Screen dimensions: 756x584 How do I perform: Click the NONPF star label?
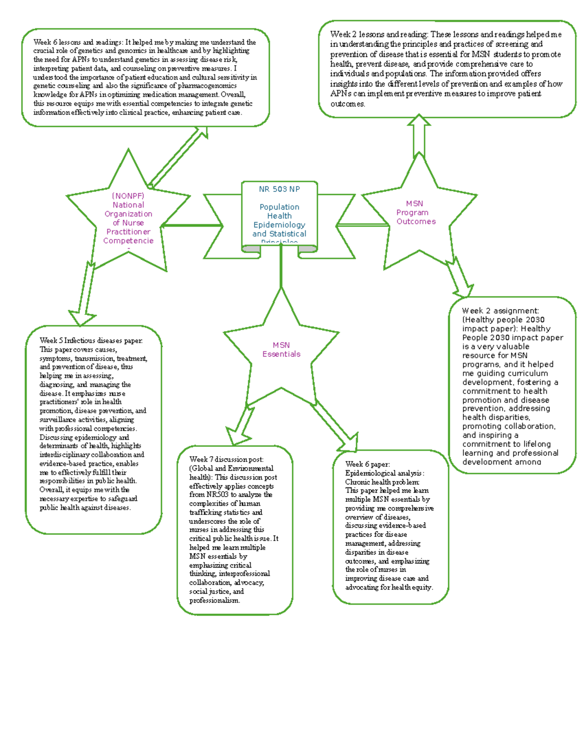pos(128,218)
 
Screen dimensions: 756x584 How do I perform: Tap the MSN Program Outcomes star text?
pos(415,213)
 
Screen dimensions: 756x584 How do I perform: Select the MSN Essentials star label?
pos(281,350)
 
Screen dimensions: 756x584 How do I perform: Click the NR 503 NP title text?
pos(279,189)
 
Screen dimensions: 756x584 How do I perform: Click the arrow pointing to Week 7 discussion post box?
pos(240,426)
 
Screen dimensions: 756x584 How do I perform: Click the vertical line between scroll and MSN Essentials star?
pos(281,270)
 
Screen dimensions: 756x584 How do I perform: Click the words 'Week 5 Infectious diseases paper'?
pos(91,341)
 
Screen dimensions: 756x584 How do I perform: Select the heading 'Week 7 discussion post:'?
pos(226,460)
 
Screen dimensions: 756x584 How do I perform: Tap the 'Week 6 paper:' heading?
pos(367,464)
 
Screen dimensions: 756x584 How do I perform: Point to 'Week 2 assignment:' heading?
pos(500,311)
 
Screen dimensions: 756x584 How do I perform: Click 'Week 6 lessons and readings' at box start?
pos(78,42)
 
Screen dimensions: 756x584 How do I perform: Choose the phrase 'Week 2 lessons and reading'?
pos(379,35)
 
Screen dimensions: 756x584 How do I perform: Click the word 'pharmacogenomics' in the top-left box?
pos(207,86)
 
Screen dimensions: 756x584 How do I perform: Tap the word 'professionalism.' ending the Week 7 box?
pos(214,601)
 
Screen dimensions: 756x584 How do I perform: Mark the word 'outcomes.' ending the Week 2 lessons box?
pos(347,104)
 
